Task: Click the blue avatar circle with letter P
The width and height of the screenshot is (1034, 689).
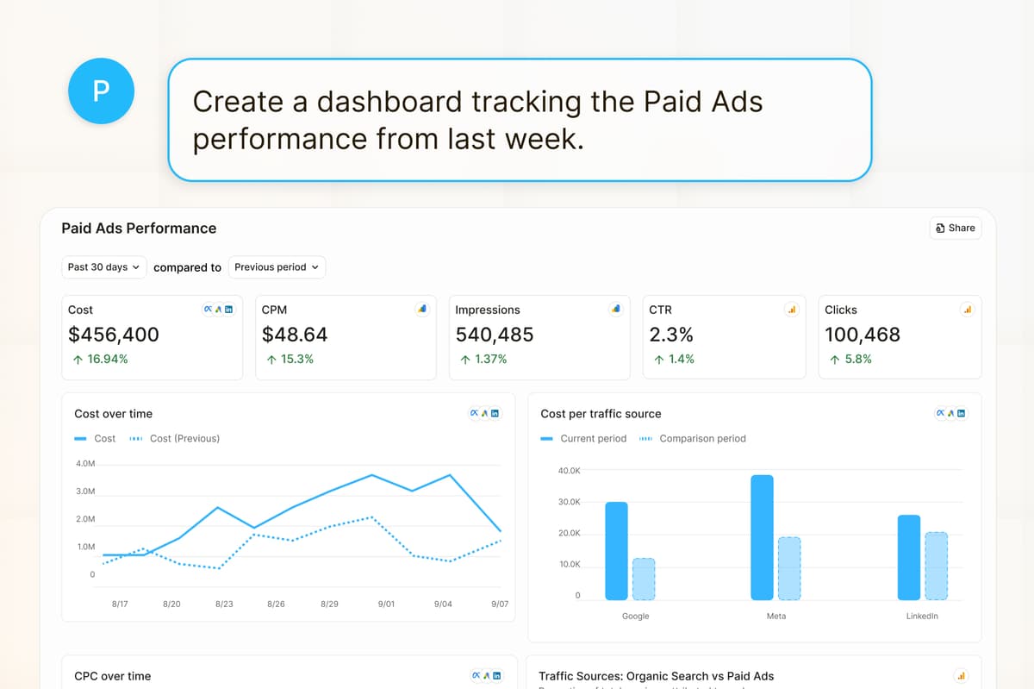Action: (x=101, y=91)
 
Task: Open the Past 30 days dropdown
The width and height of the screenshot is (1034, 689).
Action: (x=103, y=267)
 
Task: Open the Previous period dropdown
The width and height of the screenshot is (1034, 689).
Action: (x=277, y=267)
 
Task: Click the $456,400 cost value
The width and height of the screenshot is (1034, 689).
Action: (x=114, y=335)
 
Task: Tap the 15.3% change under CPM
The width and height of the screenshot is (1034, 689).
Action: (x=290, y=359)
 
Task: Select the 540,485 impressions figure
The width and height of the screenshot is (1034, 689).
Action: (x=495, y=335)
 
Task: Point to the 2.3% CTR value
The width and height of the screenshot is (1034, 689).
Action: (x=671, y=335)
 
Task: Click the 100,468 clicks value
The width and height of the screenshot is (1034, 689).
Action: (x=863, y=335)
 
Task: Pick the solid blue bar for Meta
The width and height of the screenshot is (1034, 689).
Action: (x=762, y=537)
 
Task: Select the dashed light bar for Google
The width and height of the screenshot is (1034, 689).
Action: (x=644, y=579)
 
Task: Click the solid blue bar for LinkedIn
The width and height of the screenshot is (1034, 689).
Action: (x=908, y=557)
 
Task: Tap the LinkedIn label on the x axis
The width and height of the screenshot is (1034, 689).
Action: (x=922, y=617)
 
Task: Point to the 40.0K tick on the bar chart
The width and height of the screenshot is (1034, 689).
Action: (x=570, y=471)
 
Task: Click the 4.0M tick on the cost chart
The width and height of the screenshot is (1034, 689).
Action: (x=85, y=464)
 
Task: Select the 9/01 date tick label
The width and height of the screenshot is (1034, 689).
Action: (x=386, y=604)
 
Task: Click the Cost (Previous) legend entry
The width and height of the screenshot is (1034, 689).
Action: (x=184, y=438)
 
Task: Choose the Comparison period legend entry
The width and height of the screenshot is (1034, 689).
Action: (x=701, y=438)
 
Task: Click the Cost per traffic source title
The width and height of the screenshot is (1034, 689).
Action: (x=601, y=414)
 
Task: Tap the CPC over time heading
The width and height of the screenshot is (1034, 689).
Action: (x=112, y=676)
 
